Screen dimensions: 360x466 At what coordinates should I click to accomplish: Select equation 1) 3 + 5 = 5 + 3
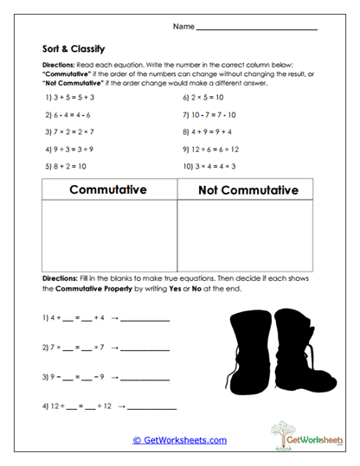tap(74, 98)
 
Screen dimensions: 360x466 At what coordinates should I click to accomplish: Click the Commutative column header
tap(107, 189)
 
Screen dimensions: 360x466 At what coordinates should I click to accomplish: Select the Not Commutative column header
tap(248, 189)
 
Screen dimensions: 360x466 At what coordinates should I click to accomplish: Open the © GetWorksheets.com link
tap(180, 440)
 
